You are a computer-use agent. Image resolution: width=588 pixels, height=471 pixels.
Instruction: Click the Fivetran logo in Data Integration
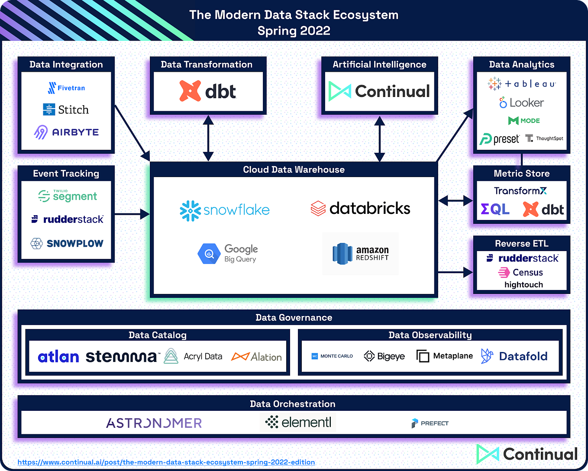(66, 88)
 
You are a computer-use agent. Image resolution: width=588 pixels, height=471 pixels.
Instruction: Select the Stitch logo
(66, 110)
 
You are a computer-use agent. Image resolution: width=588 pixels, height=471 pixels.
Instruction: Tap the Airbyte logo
(66, 132)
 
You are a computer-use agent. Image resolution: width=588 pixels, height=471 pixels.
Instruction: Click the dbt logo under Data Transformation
(208, 91)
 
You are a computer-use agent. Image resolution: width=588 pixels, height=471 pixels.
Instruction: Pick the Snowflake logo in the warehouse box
(224, 210)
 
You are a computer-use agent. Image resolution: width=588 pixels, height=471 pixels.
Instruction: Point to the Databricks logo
(360, 208)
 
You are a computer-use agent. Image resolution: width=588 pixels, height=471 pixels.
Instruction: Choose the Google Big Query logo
(228, 253)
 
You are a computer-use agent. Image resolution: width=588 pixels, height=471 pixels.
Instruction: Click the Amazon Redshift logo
(360, 254)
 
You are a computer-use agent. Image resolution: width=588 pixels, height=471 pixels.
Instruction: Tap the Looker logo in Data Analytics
(521, 103)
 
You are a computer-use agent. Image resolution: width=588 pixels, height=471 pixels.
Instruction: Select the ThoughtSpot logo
(544, 139)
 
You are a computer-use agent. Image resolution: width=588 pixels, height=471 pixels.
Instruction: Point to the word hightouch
(523, 284)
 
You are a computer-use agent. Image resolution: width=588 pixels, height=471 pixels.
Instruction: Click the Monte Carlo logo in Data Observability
(332, 356)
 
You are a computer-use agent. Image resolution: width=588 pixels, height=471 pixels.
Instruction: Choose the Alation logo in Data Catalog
(257, 357)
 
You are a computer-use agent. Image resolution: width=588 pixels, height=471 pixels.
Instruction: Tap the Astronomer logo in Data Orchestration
(154, 423)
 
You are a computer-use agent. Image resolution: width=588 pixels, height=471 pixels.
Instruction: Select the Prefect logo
(430, 423)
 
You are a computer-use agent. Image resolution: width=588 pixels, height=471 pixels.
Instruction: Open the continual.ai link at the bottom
(166, 462)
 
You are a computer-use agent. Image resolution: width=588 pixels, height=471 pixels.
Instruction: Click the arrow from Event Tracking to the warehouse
(132, 214)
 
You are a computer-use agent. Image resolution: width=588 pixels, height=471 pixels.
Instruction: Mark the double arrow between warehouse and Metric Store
(456, 200)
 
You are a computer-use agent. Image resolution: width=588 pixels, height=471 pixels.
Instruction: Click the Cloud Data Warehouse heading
(294, 170)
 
